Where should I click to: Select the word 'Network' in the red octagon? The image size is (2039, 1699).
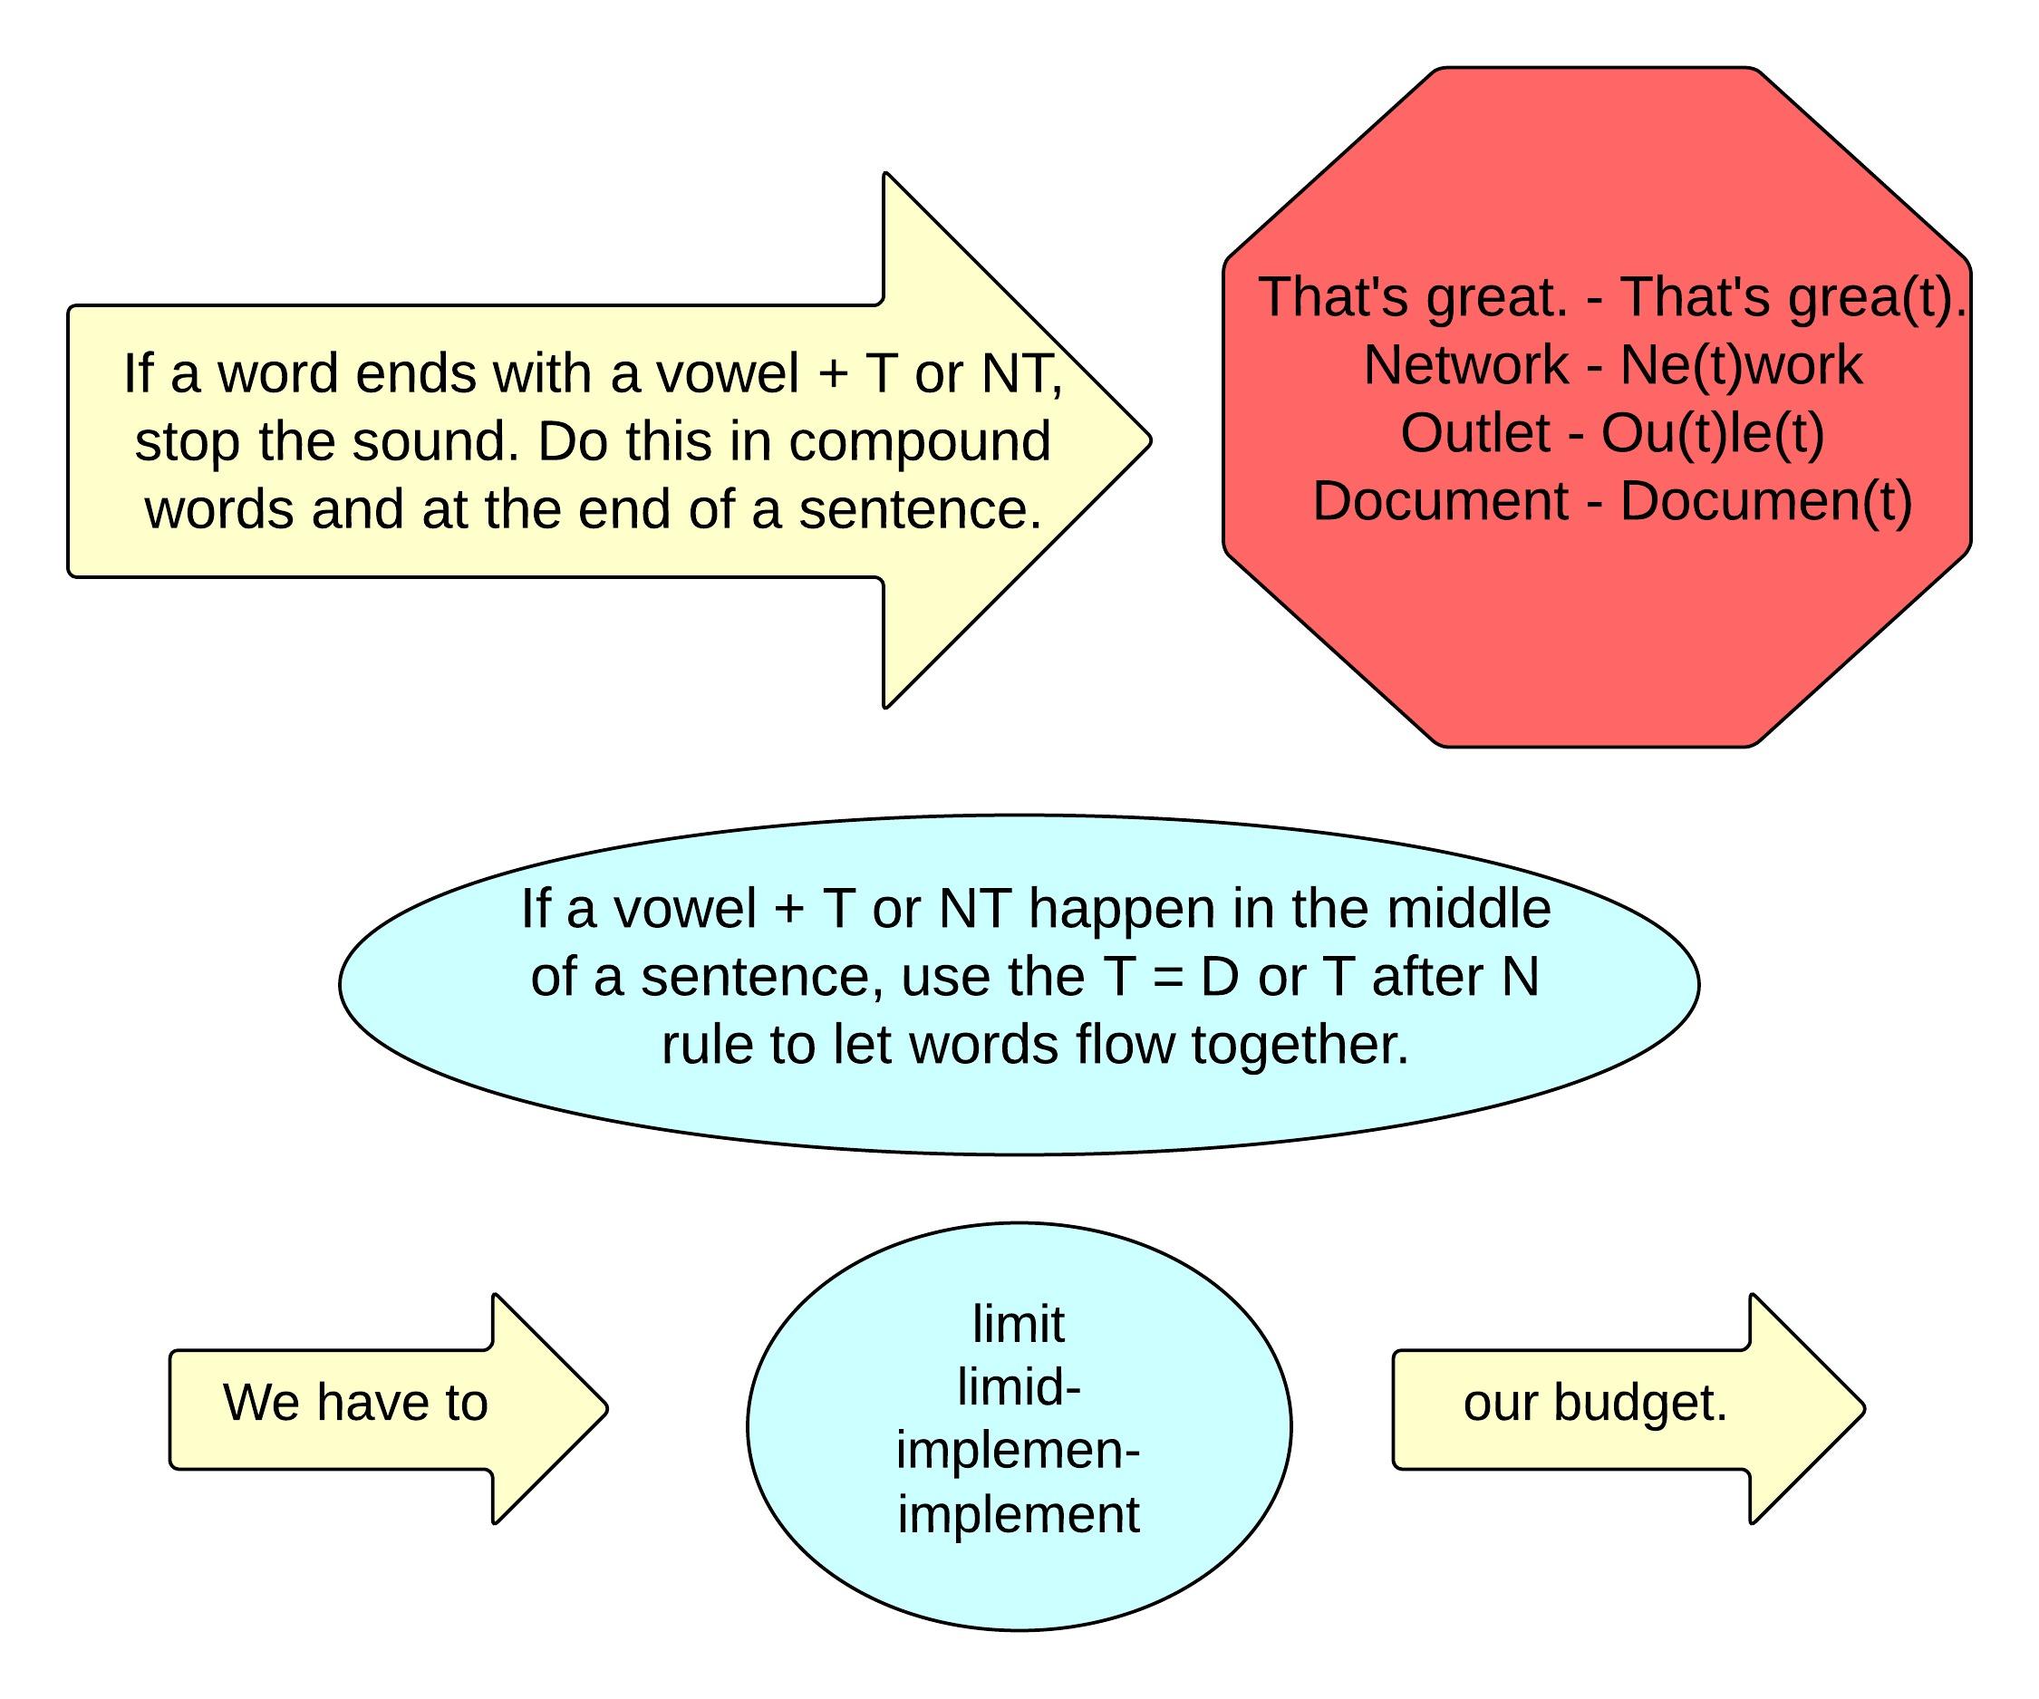[1465, 365]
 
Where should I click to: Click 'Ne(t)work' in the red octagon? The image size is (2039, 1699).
[1741, 365]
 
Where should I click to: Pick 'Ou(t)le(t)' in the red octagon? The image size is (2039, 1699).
[1713, 433]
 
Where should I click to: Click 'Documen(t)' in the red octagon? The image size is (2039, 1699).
[1766, 502]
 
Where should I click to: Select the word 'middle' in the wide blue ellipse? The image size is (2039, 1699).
[1468, 909]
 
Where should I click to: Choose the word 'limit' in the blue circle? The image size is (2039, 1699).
[1019, 1324]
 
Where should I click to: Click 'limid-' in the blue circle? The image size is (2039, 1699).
[1019, 1386]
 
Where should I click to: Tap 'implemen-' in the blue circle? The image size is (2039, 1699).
[1018, 1451]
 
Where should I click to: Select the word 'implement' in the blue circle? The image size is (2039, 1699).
[1018, 1514]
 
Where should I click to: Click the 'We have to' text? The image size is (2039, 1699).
[355, 1403]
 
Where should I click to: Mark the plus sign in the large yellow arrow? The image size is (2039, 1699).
[832, 373]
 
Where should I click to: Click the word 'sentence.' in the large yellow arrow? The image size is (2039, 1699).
[920, 509]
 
